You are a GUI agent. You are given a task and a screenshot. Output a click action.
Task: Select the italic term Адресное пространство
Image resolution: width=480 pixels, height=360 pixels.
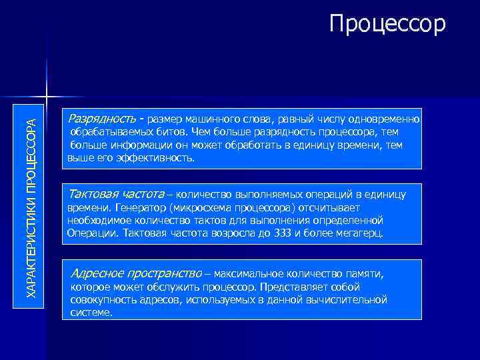pos(136,273)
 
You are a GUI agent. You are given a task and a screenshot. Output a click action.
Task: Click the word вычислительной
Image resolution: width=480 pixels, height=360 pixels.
pos(351,299)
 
